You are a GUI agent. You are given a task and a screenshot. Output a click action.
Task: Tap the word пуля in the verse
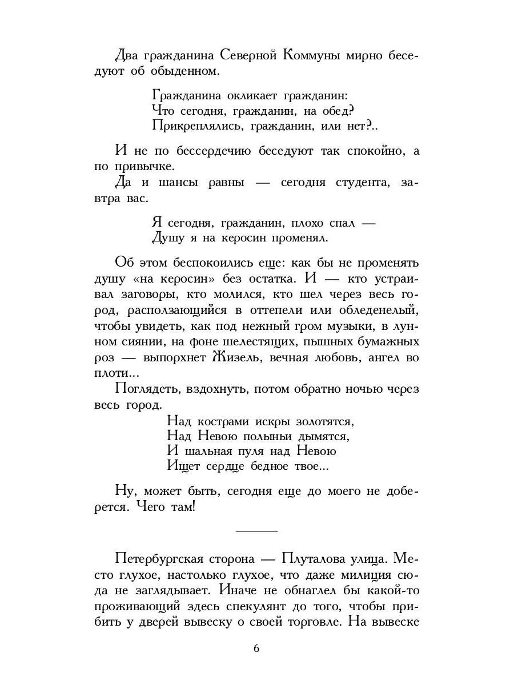coord(259,451)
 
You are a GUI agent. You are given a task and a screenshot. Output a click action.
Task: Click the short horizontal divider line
coord(256,531)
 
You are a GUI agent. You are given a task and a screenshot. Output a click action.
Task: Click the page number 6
coord(256,648)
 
